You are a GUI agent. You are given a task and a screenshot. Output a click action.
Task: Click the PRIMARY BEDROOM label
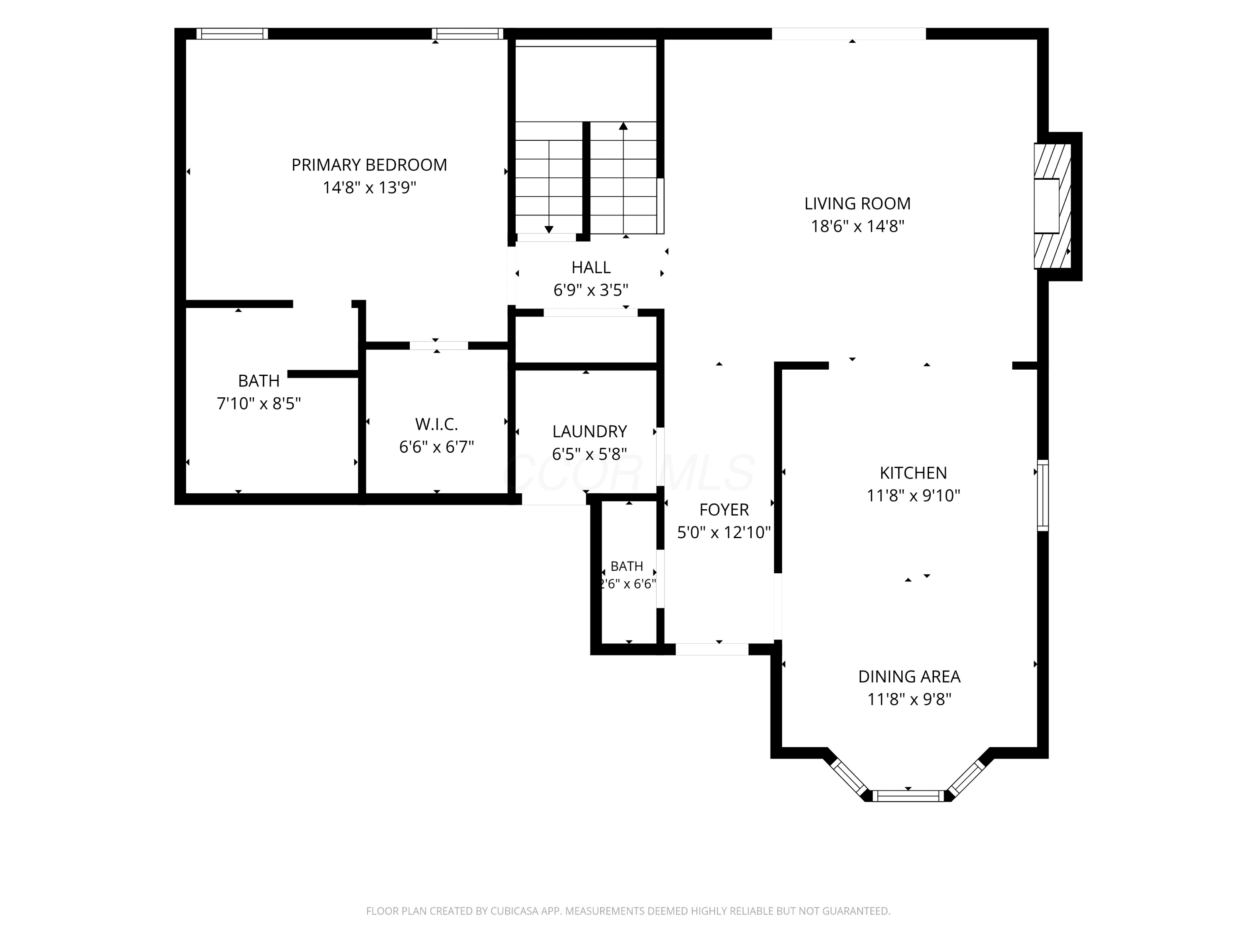[370, 165]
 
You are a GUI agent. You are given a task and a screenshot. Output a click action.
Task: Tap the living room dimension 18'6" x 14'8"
[858, 226]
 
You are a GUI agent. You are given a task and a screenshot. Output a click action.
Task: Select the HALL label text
[591, 267]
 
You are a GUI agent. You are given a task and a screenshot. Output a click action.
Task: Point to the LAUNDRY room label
[590, 431]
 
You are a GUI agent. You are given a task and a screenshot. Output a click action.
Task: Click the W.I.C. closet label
[437, 424]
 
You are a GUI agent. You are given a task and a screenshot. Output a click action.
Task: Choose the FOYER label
[724, 509]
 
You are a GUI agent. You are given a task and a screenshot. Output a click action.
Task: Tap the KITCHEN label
[913, 473]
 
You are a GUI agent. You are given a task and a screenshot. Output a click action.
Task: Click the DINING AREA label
[909, 676]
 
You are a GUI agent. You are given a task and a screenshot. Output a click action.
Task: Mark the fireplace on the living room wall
[1053, 206]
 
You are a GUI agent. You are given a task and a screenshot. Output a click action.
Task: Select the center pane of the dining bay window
[908, 796]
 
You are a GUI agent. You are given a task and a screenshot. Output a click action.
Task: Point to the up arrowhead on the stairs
[623, 126]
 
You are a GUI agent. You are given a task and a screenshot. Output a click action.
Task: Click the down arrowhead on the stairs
[549, 230]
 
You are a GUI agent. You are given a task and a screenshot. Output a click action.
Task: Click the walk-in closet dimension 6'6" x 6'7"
[437, 447]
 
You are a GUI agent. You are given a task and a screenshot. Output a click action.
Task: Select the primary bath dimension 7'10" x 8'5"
[259, 404]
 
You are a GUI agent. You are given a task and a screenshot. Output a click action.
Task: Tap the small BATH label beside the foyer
[627, 566]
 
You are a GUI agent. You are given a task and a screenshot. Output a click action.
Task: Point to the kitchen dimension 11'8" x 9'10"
[913, 496]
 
